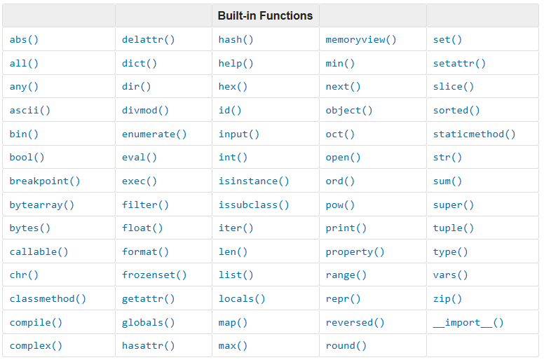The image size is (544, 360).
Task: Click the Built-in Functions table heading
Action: (x=265, y=15)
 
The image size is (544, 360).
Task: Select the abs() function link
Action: (x=24, y=40)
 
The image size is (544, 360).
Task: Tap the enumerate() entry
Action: (x=154, y=134)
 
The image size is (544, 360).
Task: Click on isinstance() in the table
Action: (x=254, y=181)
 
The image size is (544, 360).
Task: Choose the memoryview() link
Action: (x=360, y=40)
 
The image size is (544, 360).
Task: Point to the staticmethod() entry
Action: (x=474, y=134)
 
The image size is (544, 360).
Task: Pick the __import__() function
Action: (x=468, y=322)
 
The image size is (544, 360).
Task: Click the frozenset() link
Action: (x=154, y=275)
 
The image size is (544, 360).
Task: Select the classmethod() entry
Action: (x=48, y=298)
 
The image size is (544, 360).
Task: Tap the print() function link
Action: (x=346, y=228)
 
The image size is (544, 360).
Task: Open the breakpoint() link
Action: (x=45, y=181)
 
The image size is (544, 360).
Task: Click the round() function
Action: (x=346, y=345)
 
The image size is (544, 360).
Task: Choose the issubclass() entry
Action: (x=254, y=205)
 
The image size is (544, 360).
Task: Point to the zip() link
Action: (x=447, y=298)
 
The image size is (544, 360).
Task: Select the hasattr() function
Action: (x=149, y=345)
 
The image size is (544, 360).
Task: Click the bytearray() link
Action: (x=42, y=205)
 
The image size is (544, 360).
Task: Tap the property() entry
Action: (x=355, y=251)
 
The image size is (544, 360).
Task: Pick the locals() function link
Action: (x=242, y=298)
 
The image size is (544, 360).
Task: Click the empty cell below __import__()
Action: (x=482, y=345)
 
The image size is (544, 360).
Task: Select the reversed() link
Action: (x=355, y=322)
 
